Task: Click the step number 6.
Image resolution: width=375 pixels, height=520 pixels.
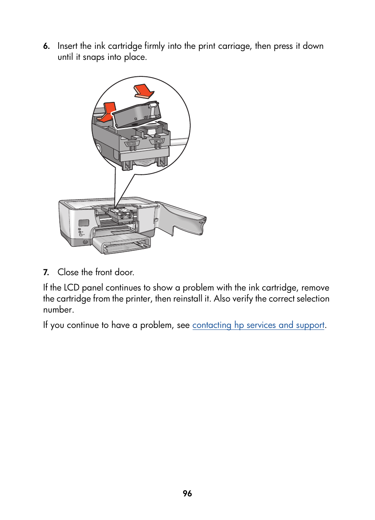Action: tap(46, 46)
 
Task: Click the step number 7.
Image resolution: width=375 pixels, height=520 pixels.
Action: tap(46, 272)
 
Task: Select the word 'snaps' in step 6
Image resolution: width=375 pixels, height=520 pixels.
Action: tap(94, 57)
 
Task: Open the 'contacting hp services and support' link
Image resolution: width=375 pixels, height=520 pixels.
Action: tap(258, 325)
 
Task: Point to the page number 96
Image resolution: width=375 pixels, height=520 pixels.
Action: tap(187, 494)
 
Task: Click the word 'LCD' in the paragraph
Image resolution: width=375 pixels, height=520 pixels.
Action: tap(71, 288)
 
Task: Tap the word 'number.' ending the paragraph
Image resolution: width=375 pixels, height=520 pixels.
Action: tap(58, 310)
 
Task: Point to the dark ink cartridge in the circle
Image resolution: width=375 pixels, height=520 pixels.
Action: tap(136, 115)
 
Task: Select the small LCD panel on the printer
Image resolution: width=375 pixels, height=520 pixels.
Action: tap(84, 223)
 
